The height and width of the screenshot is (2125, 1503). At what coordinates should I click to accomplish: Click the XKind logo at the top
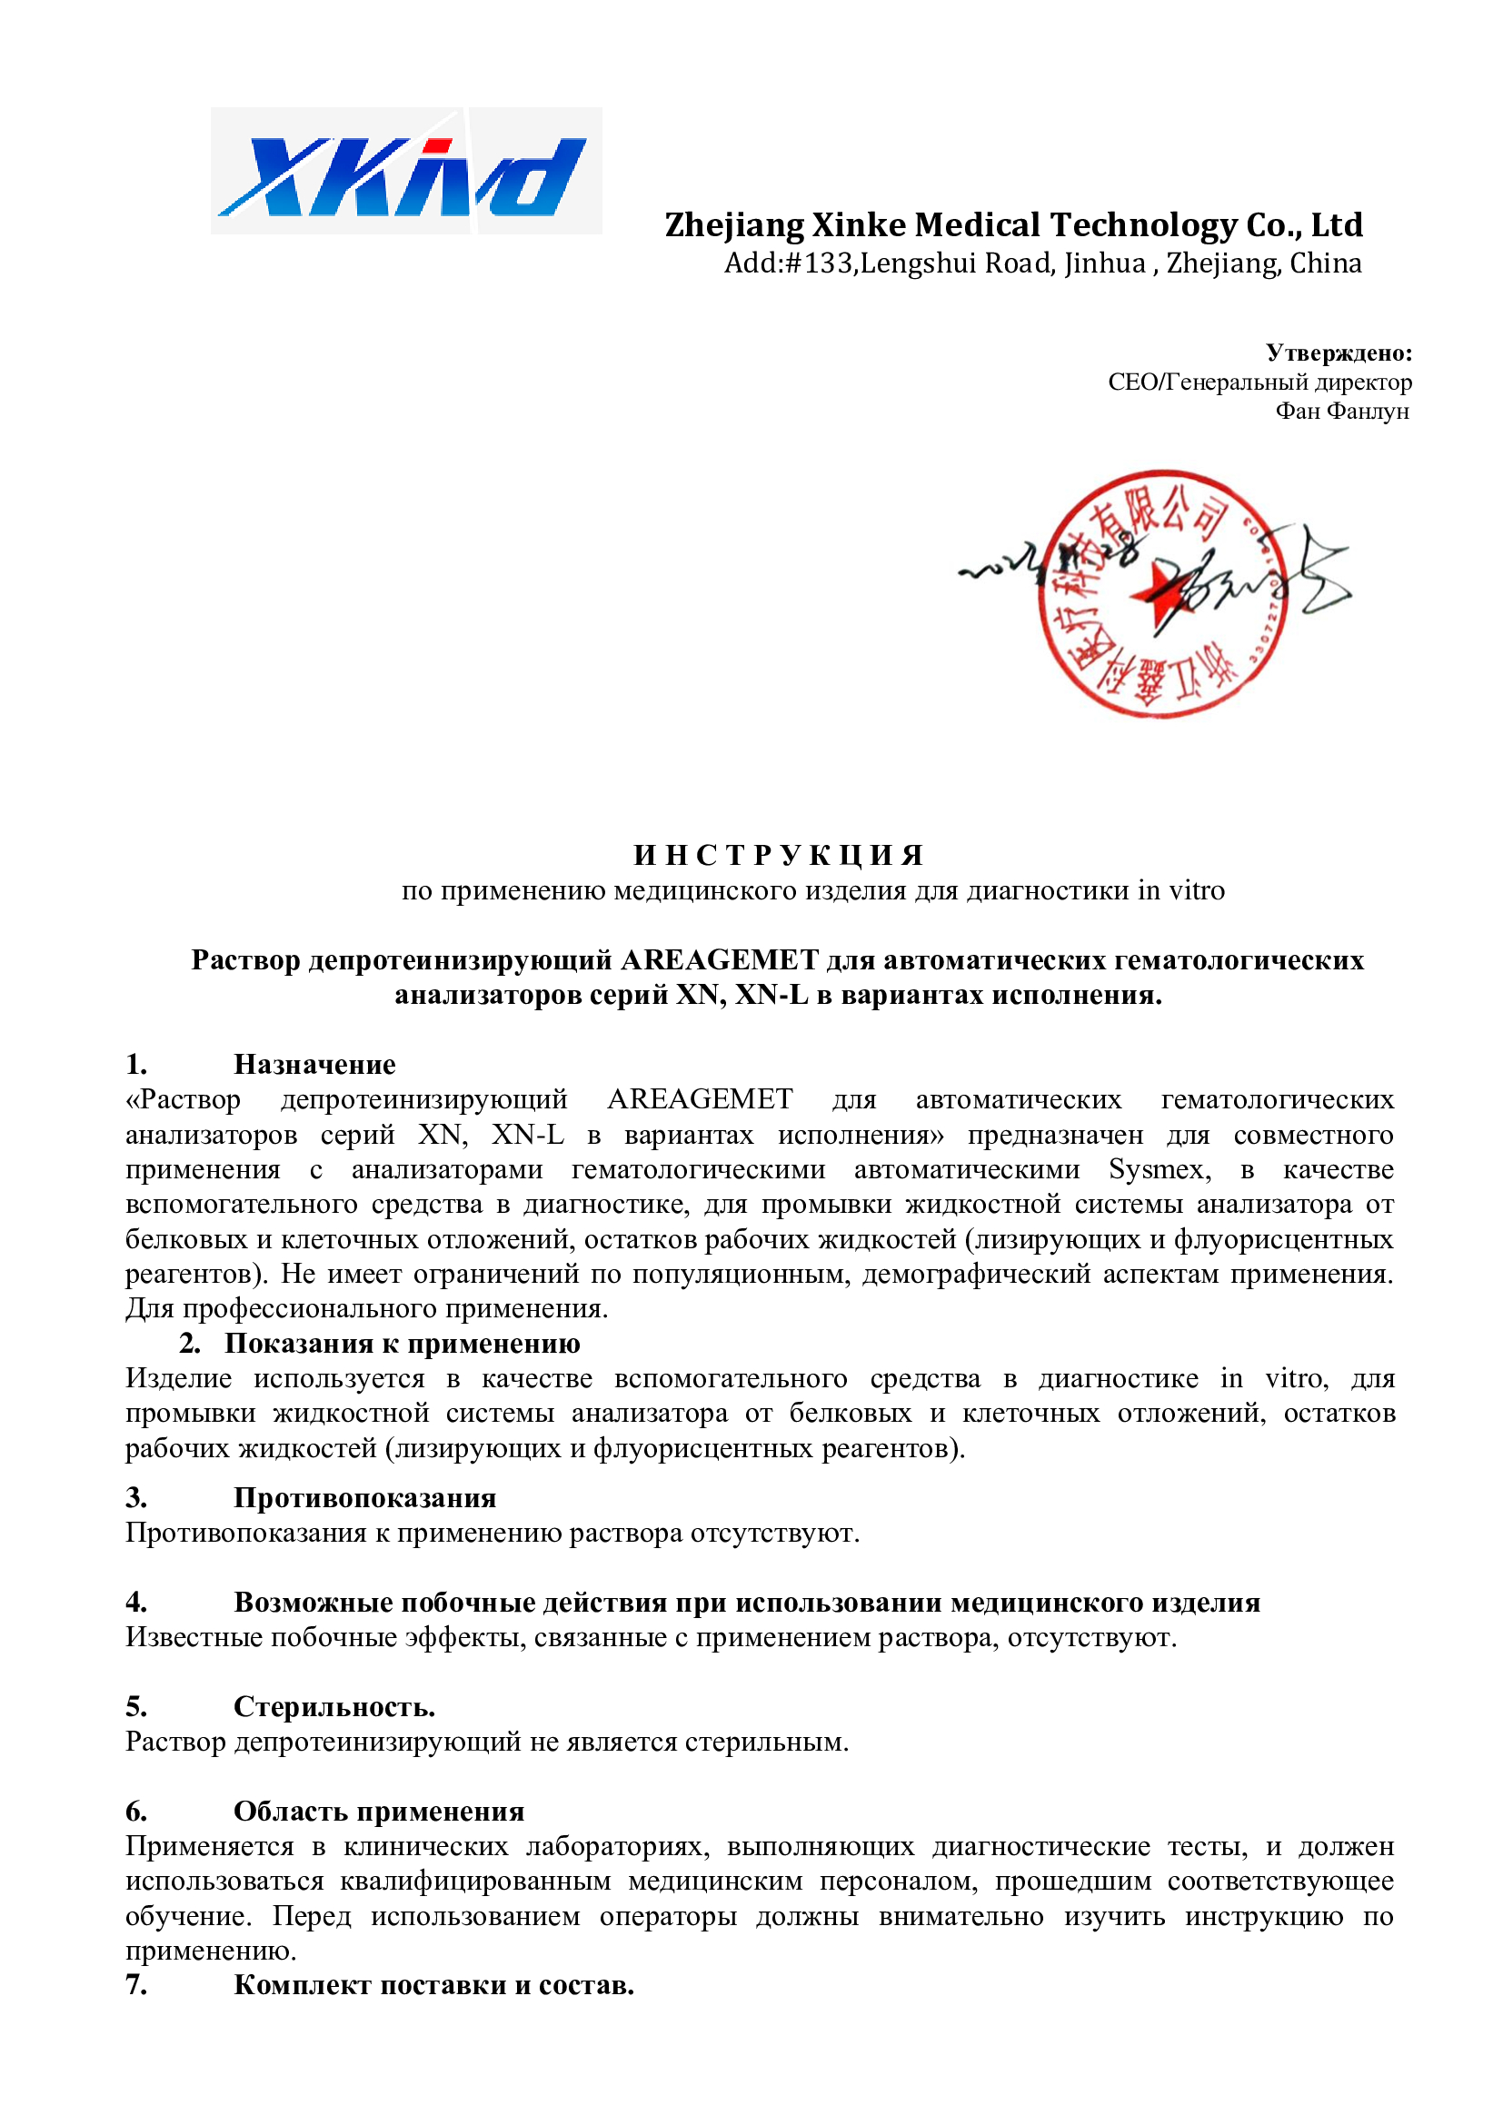pos(405,171)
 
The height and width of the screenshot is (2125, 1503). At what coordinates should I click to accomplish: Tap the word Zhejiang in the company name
pos(734,225)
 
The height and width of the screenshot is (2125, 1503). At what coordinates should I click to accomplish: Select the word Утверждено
pos(1338,353)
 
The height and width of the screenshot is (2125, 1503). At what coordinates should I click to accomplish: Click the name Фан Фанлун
pos(1341,411)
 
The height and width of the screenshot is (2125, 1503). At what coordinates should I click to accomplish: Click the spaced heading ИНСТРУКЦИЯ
pos(779,855)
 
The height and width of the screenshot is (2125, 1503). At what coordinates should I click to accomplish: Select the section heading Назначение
pos(314,1065)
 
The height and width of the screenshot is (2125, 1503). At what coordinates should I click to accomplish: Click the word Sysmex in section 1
pos(1159,1170)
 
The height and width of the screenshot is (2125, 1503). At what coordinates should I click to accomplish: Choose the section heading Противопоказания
pos(364,1497)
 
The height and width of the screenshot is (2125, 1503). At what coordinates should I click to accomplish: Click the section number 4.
pos(136,1602)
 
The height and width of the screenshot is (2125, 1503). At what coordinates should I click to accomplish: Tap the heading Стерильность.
pos(334,1707)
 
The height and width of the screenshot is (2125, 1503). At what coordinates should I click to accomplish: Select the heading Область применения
pos(379,1812)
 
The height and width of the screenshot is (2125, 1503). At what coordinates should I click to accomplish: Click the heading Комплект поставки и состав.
pos(433,1985)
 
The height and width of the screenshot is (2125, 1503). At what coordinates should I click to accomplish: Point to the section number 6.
pos(136,1812)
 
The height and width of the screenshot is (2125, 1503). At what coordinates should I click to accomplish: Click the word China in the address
pos(1325,263)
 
